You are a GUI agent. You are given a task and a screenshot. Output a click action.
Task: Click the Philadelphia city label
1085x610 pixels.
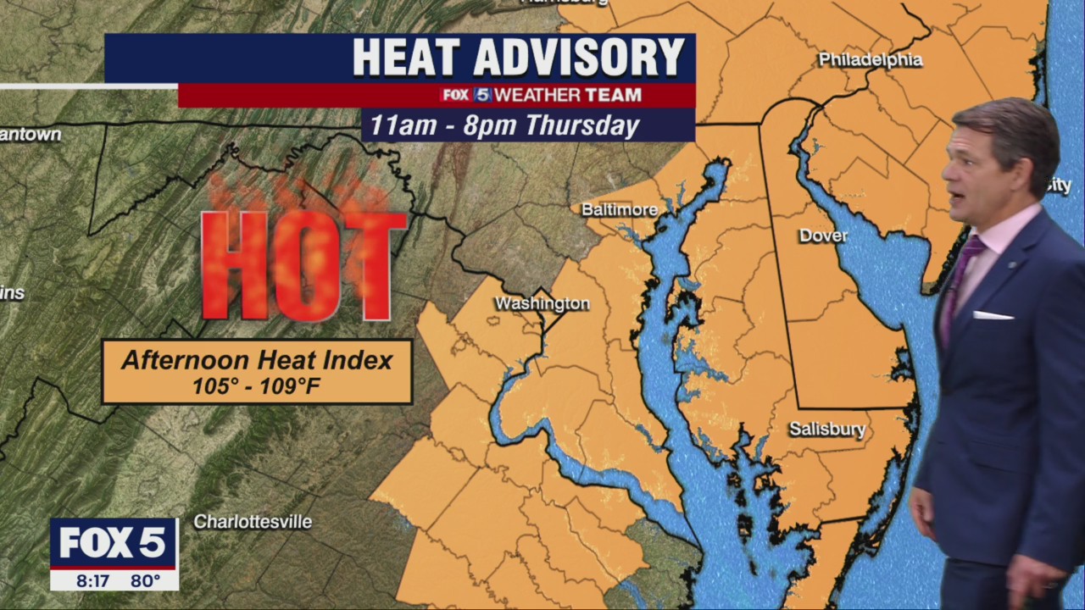[x=870, y=60]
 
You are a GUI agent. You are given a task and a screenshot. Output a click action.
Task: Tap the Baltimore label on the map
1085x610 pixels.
[x=620, y=209]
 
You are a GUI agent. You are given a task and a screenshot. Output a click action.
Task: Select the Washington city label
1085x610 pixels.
[x=542, y=303]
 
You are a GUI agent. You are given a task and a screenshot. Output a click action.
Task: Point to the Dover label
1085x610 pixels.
[x=822, y=236]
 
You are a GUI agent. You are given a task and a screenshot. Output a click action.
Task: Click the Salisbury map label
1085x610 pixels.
[x=827, y=430]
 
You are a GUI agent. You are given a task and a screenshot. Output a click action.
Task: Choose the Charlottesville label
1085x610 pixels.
[x=253, y=522]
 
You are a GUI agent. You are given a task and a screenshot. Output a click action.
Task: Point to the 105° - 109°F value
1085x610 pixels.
[x=257, y=386]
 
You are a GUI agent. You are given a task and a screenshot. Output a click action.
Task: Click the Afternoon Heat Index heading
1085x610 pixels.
[x=257, y=360]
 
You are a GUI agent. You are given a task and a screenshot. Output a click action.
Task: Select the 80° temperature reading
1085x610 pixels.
[x=145, y=581]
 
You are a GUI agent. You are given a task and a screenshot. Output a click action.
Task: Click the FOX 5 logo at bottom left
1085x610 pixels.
[x=114, y=542]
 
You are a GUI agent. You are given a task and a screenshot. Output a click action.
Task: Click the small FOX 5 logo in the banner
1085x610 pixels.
[x=465, y=95]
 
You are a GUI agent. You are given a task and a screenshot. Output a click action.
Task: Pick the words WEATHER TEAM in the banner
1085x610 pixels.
[x=567, y=95]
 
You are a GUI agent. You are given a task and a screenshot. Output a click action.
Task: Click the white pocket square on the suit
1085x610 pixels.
[x=993, y=315]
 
